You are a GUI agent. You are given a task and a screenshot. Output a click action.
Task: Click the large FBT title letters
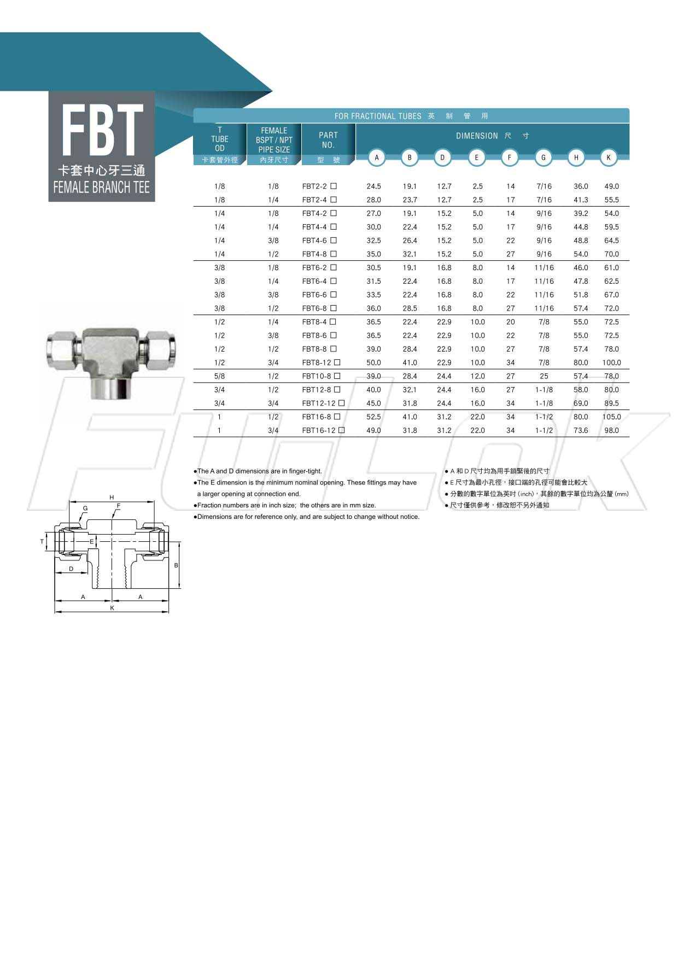(x=102, y=130)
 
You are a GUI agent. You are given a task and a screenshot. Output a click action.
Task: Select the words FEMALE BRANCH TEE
(x=102, y=188)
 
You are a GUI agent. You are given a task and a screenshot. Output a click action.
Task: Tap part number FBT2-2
(x=314, y=186)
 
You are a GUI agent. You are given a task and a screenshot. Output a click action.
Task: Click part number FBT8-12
(x=317, y=362)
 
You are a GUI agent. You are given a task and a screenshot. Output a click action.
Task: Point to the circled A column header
(x=376, y=157)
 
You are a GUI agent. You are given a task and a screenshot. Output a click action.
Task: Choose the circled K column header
(x=608, y=157)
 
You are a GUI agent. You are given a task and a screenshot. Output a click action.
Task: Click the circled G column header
(x=543, y=157)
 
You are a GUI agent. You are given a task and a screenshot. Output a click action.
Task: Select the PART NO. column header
(x=328, y=140)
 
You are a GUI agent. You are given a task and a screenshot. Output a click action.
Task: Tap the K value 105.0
(x=611, y=417)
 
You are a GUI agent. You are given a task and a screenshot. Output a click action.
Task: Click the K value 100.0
(x=611, y=362)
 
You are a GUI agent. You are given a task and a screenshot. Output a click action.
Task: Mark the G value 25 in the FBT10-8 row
(x=543, y=376)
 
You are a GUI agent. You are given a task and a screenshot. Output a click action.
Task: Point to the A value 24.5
(x=373, y=186)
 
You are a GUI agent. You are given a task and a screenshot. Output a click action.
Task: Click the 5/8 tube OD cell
(x=219, y=376)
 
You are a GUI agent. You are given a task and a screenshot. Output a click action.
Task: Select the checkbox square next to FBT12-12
(x=341, y=403)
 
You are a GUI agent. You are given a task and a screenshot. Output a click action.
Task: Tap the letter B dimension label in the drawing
(x=176, y=565)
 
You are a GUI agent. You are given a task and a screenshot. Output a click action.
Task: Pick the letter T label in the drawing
(x=42, y=542)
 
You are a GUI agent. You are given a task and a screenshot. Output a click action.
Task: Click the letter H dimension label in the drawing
(x=112, y=498)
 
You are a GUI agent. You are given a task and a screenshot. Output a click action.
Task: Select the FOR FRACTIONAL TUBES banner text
(x=378, y=116)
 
